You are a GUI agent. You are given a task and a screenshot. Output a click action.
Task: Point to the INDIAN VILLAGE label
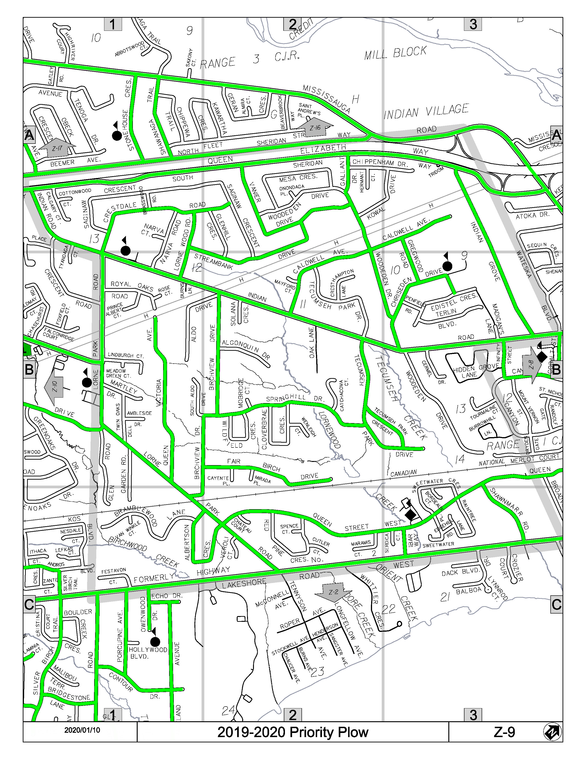426,111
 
